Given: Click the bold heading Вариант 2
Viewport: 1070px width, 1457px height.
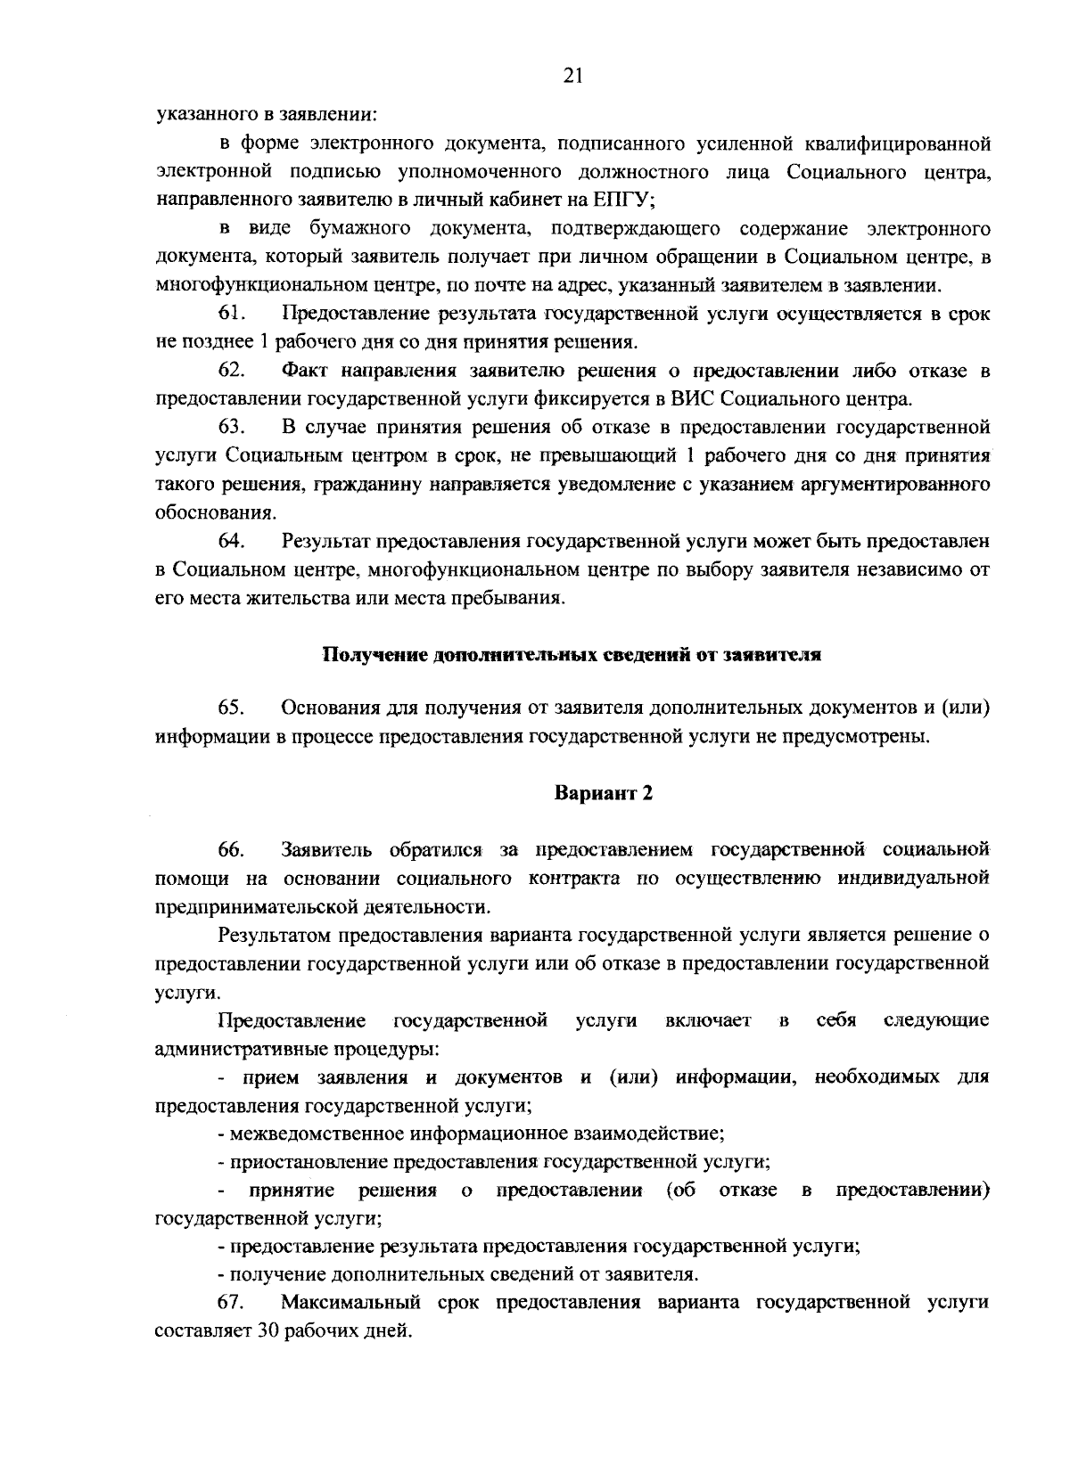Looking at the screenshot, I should pos(604,793).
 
